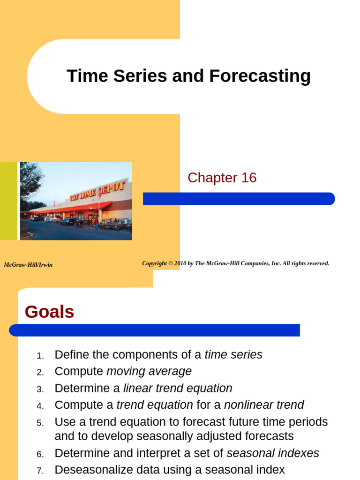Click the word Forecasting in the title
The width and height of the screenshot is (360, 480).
pyautogui.click(x=260, y=76)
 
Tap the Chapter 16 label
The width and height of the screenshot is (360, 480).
pyautogui.click(x=222, y=178)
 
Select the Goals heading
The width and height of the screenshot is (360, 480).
pyautogui.click(x=49, y=312)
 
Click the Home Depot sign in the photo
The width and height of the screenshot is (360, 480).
pyautogui.click(x=97, y=190)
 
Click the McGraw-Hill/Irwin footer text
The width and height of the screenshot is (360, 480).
pyautogui.click(x=28, y=265)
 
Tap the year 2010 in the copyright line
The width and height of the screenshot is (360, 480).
pyautogui.click(x=180, y=263)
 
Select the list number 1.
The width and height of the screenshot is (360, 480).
pyautogui.click(x=40, y=356)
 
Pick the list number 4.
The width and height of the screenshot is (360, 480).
pyautogui.click(x=40, y=406)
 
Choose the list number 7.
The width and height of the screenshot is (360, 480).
pyautogui.click(x=40, y=470)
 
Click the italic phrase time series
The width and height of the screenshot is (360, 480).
pyautogui.click(x=233, y=355)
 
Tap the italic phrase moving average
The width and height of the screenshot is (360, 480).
pyautogui.click(x=149, y=371)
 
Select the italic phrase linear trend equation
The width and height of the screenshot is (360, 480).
pyautogui.click(x=178, y=388)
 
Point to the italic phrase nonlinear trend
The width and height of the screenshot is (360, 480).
pyautogui.click(x=264, y=405)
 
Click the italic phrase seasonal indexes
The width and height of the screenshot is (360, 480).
pyautogui.click(x=273, y=453)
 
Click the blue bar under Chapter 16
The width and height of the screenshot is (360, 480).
pyautogui.click(x=239, y=199)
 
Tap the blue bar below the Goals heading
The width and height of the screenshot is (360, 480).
pyautogui.click(x=154, y=330)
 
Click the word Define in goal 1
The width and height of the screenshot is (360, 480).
pyautogui.click(x=69, y=355)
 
